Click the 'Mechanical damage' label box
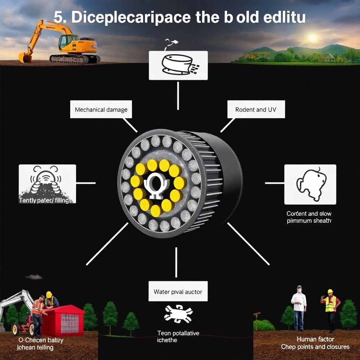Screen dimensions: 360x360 [101, 110]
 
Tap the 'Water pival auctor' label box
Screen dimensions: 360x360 [178, 291]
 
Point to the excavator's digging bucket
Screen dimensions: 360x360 [25, 57]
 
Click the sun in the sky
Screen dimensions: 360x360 [312, 37]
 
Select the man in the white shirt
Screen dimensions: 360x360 [299, 307]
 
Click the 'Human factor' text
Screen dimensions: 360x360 [315, 339]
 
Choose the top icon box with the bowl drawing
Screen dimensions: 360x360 [178, 65]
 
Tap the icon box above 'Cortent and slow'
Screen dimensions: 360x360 [310, 184]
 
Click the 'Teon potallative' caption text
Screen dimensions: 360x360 [178, 333]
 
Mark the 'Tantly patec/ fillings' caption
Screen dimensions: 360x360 [45, 200]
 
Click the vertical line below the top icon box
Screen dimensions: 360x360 [178, 96]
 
